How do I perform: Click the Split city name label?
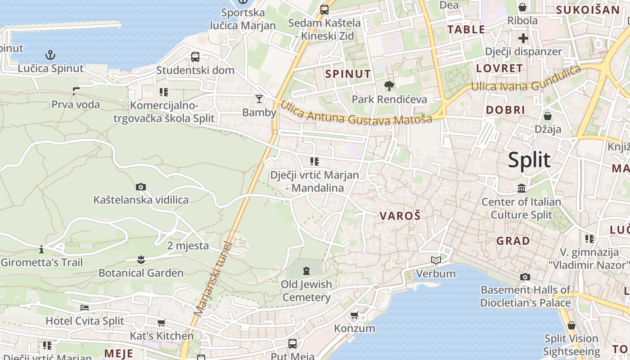point(529,160)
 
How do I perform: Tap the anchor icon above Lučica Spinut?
point(51,55)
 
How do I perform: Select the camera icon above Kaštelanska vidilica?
point(141,187)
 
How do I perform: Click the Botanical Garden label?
point(141,273)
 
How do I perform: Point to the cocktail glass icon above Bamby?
point(259,99)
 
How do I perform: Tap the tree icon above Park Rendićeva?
point(389,85)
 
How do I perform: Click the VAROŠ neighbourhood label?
point(400,216)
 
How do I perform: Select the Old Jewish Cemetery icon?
point(306,270)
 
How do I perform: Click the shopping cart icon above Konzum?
point(355,315)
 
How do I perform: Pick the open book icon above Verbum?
point(436,260)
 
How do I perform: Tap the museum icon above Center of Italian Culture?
point(522,188)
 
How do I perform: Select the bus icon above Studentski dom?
point(195,57)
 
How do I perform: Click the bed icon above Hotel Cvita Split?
point(85,308)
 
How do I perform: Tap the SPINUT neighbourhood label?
point(348,74)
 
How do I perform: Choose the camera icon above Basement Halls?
point(525,277)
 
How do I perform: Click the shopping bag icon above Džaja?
point(548,116)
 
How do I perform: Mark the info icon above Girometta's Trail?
point(41,249)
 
